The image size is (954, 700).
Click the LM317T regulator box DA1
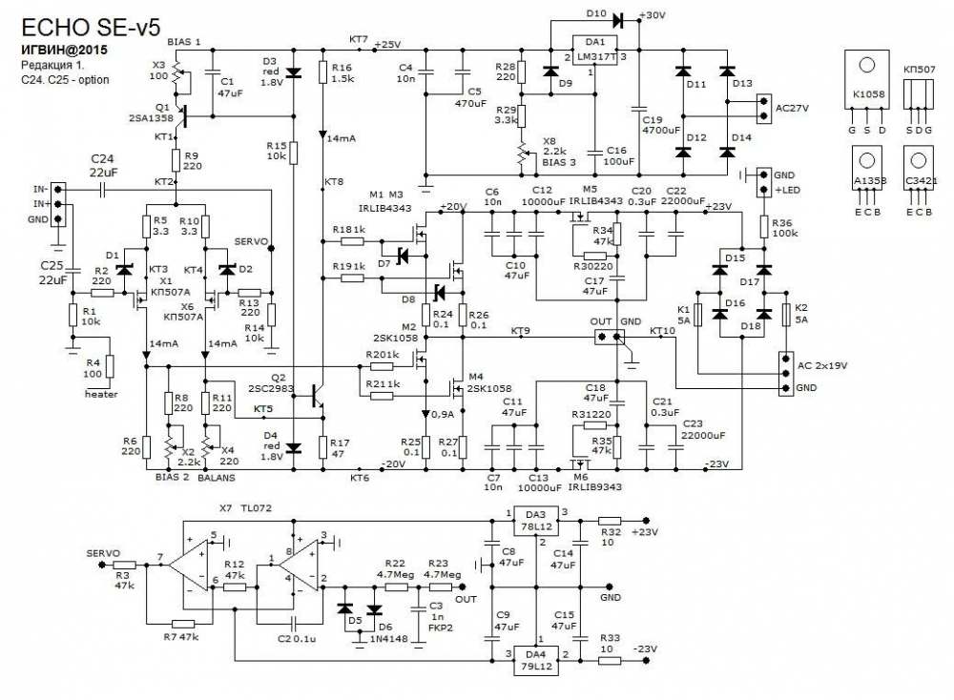coord(595,52)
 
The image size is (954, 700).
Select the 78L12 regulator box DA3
coord(537,521)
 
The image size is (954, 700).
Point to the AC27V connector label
coord(792,109)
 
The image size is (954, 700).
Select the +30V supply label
coord(654,16)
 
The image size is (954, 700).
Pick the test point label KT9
coord(521,330)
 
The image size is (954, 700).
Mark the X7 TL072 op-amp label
coord(246,509)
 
